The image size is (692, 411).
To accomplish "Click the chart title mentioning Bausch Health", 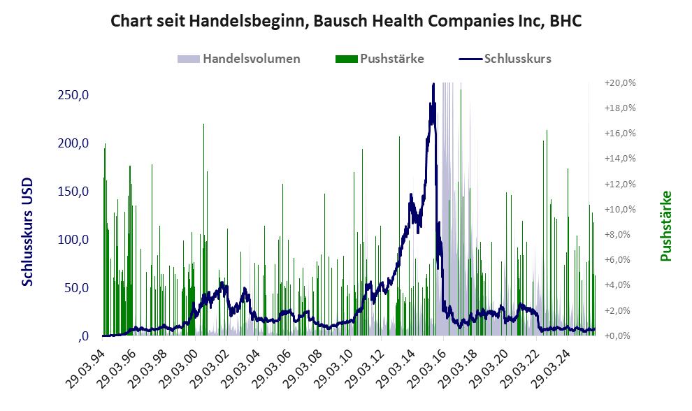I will point(346,22).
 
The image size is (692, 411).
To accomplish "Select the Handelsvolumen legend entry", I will point(251,59).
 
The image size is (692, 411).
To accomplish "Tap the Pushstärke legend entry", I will point(391,59).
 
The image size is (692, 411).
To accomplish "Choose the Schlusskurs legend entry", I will point(517,59).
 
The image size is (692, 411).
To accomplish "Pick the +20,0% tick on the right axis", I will point(619,83).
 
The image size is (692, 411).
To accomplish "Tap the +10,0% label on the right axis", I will point(619,210).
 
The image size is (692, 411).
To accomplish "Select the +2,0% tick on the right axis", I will point(621,310).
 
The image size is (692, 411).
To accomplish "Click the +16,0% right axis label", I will point(619,134).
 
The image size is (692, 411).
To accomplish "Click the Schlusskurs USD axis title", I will point(28,231).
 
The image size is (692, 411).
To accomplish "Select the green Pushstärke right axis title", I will point(665,226).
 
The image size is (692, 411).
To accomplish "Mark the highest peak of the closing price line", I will point(434,85).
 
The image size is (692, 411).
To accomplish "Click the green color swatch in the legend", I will point(346,59).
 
